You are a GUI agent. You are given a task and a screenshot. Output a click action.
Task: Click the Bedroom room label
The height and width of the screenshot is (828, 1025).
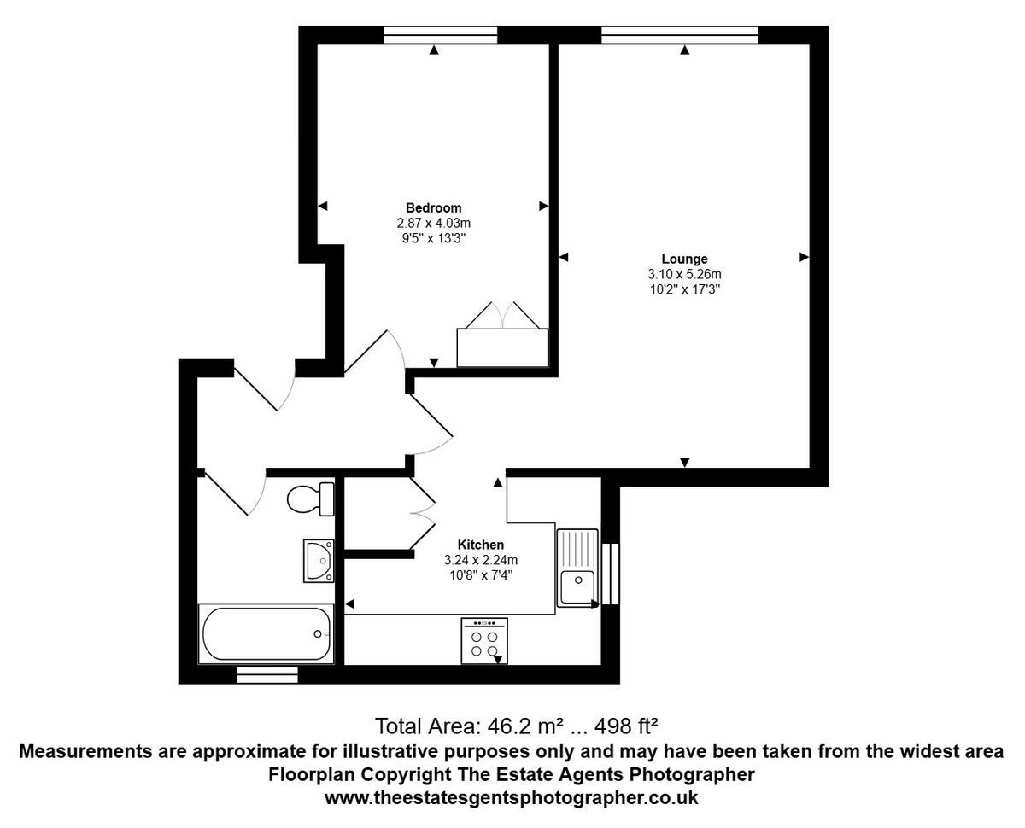tap(433, 207)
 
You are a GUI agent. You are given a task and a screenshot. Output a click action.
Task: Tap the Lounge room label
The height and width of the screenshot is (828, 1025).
tap(684, 259)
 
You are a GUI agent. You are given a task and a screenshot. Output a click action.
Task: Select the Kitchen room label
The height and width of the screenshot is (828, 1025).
tap(481, 545)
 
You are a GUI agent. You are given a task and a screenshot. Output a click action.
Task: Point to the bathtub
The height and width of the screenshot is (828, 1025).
tap(266, 633)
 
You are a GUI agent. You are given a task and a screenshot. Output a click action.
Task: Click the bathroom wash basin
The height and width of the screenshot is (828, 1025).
tap(319, 560)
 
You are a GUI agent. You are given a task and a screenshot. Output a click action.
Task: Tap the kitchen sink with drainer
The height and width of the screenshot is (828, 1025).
tap(577, 568)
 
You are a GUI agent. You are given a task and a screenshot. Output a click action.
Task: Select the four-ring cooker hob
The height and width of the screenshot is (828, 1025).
tap(484, 641)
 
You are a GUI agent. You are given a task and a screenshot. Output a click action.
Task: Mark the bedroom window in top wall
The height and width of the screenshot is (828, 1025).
tap(440, 35)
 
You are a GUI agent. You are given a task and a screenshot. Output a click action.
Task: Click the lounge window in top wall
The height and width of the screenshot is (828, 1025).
tap(680, 35)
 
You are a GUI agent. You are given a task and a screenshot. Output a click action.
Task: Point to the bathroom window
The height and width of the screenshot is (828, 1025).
tap(267, 675)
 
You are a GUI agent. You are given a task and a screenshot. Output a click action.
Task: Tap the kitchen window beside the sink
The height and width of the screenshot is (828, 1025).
tap(611, 573)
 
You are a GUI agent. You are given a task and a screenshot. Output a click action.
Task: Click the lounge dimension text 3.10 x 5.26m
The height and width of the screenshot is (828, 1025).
tap(684, 274)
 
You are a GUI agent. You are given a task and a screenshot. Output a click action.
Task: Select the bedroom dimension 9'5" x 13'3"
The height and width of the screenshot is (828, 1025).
tap(433, 238)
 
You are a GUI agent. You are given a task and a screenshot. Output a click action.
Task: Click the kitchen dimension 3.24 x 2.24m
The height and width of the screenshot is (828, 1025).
tap(481, 560)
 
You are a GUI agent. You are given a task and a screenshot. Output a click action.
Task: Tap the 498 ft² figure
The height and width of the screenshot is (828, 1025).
tap(628, 726)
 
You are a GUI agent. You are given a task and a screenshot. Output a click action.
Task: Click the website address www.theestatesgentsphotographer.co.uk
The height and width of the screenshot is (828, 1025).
tap(512, 798)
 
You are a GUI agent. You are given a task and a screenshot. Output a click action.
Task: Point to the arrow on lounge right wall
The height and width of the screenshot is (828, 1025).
tap(804, 256)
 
